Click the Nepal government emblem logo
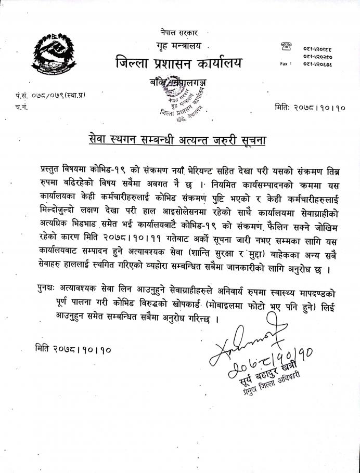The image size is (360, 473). [54, 52]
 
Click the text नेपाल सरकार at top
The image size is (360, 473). [179, 32]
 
